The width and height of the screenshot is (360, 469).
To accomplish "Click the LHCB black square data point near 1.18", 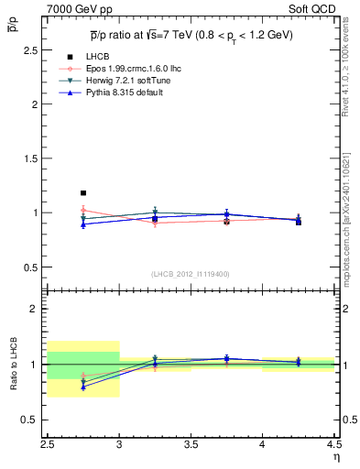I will click(83, 193).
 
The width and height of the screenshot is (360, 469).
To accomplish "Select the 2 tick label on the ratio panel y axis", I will click(37, 309).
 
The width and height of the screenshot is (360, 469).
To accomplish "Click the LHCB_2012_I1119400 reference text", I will click(191, 274).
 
